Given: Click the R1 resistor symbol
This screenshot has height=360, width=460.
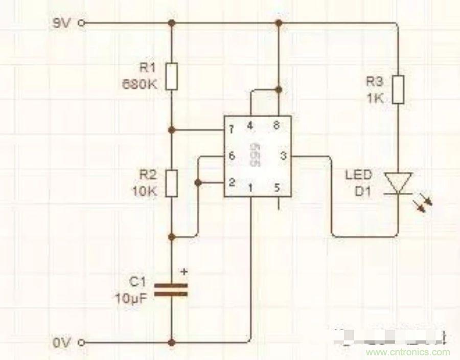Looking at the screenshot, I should pos(172,77).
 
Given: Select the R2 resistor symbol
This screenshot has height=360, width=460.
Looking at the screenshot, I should pos(172,184).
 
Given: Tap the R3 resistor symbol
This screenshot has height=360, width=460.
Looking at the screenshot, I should pos(398,90).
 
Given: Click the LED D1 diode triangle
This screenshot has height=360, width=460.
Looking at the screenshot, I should pos(398,183).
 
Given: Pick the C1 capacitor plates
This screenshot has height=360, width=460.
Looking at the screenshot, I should pos(171,290).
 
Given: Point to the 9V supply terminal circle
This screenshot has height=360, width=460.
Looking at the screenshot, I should pos(81,23).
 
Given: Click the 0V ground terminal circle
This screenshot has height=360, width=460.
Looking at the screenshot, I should pos(81,342).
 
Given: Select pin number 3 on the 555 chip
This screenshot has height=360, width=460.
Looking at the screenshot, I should pos(283,155).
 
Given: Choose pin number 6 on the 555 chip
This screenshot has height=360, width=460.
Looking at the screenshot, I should pos(232,155).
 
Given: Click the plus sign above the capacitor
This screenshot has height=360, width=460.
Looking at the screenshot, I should pos(185,272).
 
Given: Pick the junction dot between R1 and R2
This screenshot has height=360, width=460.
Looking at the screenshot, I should pos(172,130).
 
